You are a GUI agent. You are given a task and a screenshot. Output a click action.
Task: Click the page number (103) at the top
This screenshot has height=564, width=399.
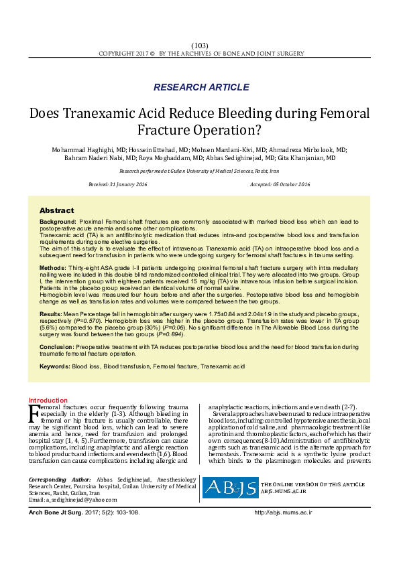(199, 44)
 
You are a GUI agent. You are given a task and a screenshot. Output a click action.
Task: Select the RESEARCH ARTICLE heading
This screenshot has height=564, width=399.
(199, 87)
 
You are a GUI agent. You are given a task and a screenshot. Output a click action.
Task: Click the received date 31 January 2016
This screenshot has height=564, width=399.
(119, 184)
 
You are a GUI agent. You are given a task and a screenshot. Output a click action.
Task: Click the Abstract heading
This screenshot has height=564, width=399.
(56, 210)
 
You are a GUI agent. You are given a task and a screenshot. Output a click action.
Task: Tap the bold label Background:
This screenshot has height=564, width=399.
(58, 221)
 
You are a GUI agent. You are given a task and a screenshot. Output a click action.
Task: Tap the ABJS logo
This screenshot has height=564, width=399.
(229, 488)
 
